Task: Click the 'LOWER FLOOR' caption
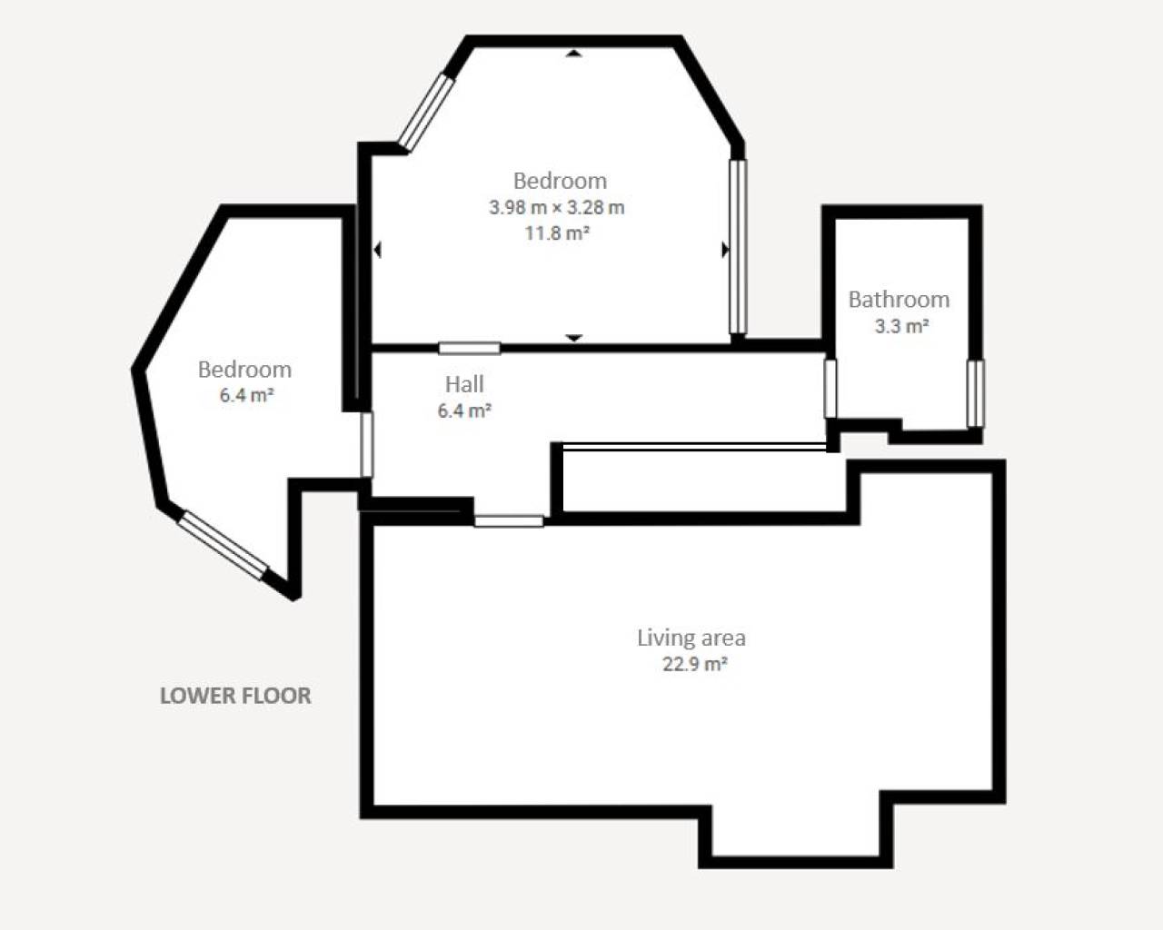point(235,696)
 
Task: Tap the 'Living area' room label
point(691,638)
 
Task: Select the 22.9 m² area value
point(694,664)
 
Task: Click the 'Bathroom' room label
point(899,300)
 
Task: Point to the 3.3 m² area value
point(901,326)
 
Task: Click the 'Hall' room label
point(464,384)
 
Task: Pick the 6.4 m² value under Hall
point(464,411)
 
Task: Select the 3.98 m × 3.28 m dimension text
point(557,207)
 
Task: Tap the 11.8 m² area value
point(557,233)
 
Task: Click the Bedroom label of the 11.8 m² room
point(560,181)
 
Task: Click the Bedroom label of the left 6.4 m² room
point(244,370)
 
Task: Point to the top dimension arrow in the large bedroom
point(573,54)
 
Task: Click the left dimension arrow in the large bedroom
point(377,250)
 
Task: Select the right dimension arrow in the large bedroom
point(725,250)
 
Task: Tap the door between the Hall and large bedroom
point(469,348)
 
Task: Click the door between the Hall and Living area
point(509,521)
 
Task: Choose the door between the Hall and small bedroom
point(367,445)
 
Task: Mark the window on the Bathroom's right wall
point(974,393)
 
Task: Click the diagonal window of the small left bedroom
point(223,545)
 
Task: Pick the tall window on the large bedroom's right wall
point(738,247)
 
